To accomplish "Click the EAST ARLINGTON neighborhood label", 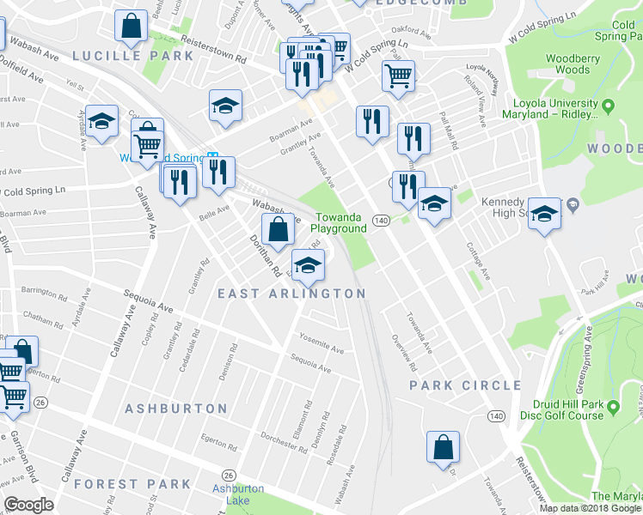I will tap(291, 294).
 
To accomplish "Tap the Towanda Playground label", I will tap(339, 223).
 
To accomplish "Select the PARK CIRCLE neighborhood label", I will tap(464, 385).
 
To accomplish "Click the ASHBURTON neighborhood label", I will tap(176, 409).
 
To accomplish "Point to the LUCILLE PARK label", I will tap(133, 56).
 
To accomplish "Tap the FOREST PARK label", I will tap(132, 484).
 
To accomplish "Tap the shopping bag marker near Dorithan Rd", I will tap(278, 230).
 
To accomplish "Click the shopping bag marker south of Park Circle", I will tap(443, 447).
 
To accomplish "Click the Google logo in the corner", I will tap(29, 505).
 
